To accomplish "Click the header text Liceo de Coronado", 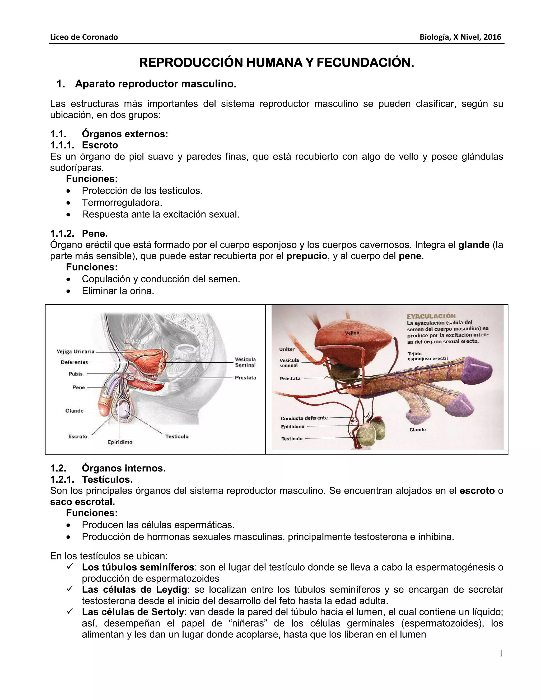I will (84, 37).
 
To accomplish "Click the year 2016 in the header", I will (492, 37).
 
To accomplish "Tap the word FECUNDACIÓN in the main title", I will (365, 63).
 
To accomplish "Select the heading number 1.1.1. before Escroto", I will (62, 145).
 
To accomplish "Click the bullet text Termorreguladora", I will (122, 203).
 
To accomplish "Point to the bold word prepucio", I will (307, 256).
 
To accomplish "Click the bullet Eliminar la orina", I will (118, 291).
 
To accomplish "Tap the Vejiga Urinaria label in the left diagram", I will (76, 352).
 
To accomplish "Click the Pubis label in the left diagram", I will (76, 374).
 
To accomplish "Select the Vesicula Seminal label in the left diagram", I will (245, 362).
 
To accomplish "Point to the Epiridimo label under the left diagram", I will (120, 442).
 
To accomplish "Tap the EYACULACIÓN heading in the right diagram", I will (431, 316).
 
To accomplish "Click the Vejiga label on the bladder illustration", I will (352, 333).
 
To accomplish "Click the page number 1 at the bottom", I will (501, 654).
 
